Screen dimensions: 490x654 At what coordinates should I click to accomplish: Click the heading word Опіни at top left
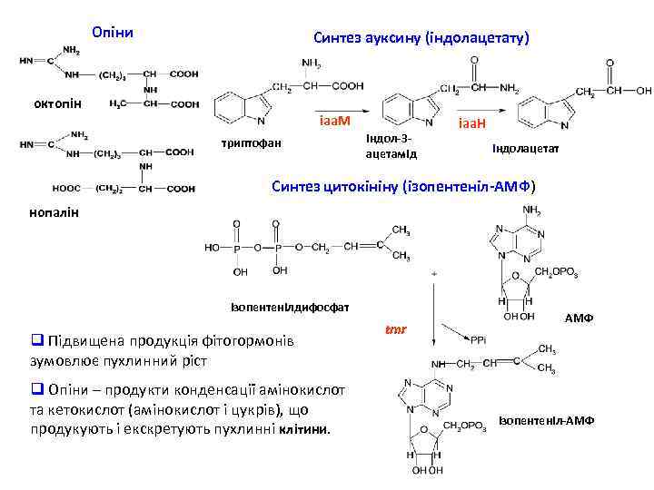click(114, 33)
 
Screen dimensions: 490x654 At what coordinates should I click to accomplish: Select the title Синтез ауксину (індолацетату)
click(421, 38)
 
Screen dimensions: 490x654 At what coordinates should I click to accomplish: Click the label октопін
click(55, 103)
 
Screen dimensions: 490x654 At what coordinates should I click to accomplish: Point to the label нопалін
click(52, 211)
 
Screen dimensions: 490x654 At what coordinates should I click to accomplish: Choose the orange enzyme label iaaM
click(334, 121)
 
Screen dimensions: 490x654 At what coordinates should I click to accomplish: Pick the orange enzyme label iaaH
click(473, 122)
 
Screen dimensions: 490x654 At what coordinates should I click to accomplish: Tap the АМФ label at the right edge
click(579, 319)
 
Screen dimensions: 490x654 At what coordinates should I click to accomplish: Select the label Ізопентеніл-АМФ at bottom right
click(546, 420)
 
